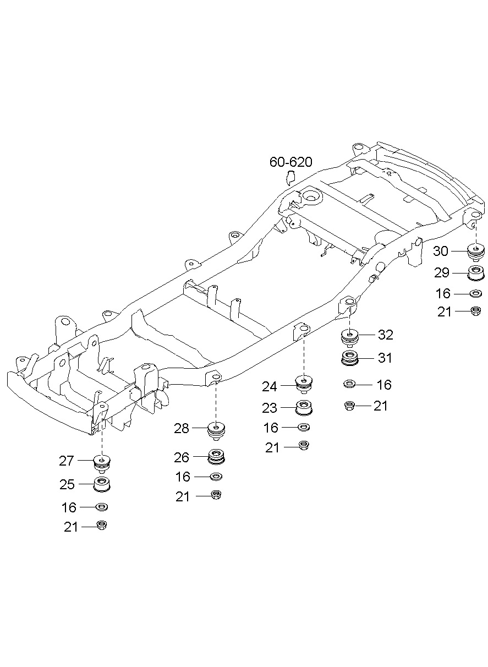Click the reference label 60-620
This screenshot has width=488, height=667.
(x=290, y=162)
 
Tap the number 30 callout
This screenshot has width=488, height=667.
(x=441, y=251)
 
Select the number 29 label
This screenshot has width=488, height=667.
(x=442, y=273)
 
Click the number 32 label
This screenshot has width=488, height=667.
(x=386, y=335)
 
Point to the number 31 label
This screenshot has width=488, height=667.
(x=385, y=358)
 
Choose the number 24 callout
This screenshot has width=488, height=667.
(x=269, y=386)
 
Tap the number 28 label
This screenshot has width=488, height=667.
(x=182, y=428)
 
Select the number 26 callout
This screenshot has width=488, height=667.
(x=182, y=457)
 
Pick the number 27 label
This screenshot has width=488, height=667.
(x=67, y=460)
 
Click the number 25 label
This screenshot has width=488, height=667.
(x=67, y=484)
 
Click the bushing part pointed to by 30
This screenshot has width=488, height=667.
(x=475, y=251)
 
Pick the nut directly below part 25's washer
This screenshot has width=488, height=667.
(x=102, y=526)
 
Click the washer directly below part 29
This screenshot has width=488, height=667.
(x=475, y=293)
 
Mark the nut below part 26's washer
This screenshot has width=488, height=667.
(x=216, y=495)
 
